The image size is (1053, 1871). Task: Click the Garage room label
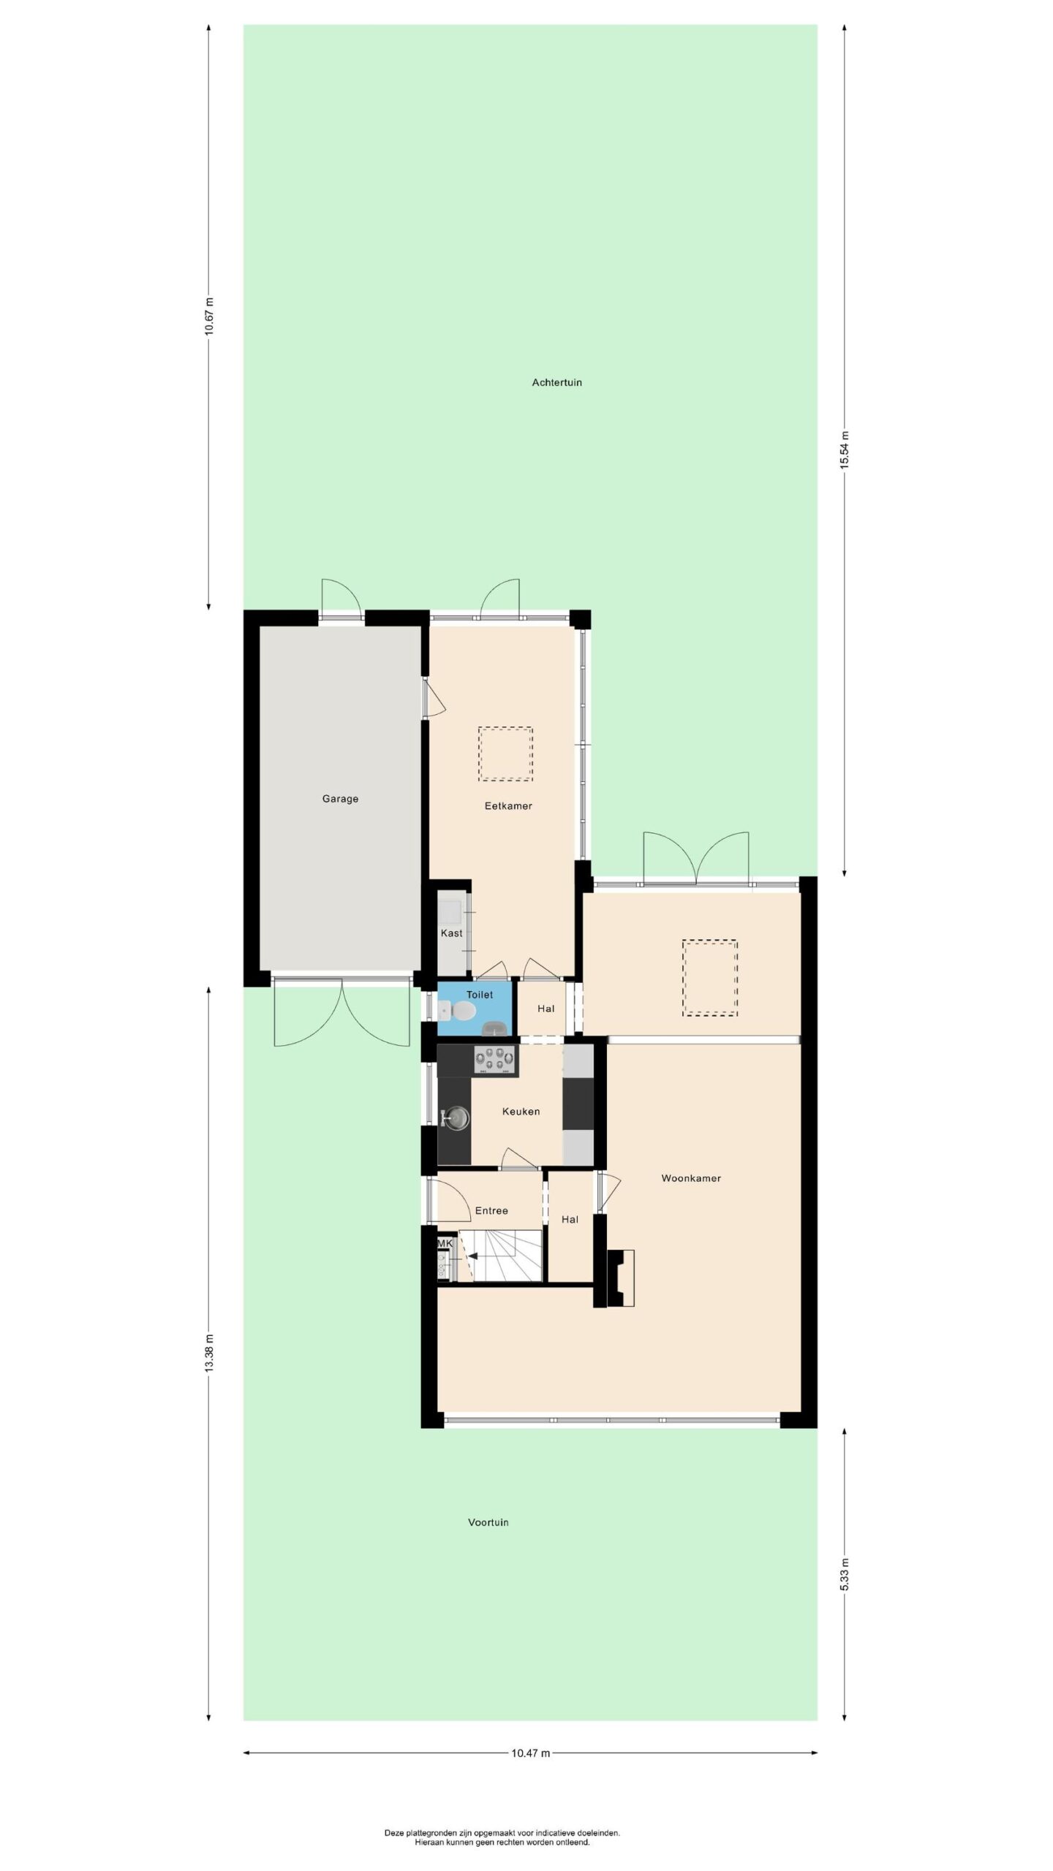(x=340, y=799)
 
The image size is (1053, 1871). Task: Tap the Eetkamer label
(x=508, y=806)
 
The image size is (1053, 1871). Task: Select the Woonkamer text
(x=691, y=1178)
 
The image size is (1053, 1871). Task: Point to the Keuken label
(x=521, y=1112)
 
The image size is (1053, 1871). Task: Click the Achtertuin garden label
(x=556, y=382)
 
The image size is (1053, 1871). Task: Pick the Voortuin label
(x=488, y=1522)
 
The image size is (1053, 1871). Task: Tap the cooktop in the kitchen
(x=494, y=1060)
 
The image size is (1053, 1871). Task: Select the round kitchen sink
(x=457, y=1117)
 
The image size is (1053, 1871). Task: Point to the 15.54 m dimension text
(x=844, y=451)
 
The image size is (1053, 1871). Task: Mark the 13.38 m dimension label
(x=209, y=1354)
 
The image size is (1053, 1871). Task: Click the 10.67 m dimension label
(x=209, y=316)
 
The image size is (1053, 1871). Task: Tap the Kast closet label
(x=451, y=933)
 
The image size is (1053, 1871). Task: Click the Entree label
(x=491, y=1211)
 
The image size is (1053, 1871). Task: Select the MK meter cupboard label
(x=445, y=1243)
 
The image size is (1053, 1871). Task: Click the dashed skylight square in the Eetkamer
(x=505, y=754)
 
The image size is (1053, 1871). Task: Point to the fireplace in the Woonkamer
(x=620, y=1278)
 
